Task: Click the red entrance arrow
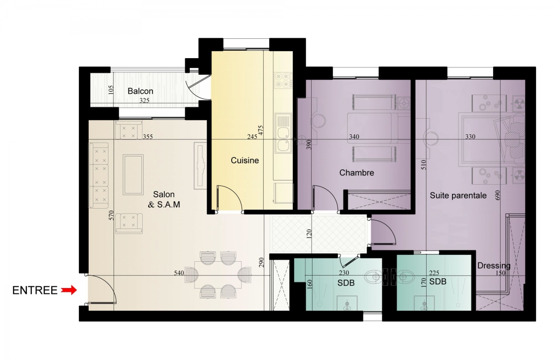(x=70, y=290)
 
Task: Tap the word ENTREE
(x=35, y=290)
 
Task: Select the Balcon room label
(x=140, y=91)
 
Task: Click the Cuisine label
(x=245, y=160)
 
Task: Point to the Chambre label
(x=356, y=173)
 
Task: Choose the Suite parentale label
(x=458, y=195)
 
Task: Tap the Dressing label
(x=494, y=266)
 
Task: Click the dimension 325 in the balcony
(x=145, y=101)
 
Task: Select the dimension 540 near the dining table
(x=179, y=273)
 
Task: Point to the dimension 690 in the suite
(x=498, y=195)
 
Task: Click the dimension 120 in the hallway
(x=309, y=234)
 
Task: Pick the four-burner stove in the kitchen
(x=283, y=80)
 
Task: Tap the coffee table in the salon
(x=133, y=174)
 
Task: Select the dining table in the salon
(x=218, y=275)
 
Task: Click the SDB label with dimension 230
(x=346, y=282)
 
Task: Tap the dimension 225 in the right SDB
(x=434, y=273)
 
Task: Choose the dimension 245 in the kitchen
(x=252, y=137)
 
